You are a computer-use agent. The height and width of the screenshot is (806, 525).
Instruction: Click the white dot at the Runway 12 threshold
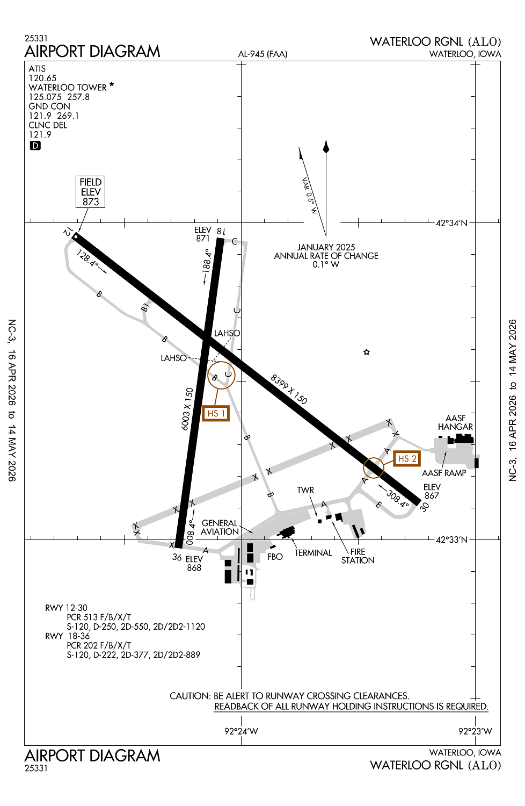point(76,237)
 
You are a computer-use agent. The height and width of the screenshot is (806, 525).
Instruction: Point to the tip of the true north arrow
point(326,140)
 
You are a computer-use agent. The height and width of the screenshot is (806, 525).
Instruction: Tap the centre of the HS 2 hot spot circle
point(374,468)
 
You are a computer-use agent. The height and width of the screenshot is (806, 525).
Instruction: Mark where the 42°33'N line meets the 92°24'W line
point(241,539)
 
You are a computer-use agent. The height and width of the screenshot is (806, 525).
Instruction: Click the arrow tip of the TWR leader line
point(317,517)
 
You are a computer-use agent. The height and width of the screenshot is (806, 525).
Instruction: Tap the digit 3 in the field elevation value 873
point(96,202)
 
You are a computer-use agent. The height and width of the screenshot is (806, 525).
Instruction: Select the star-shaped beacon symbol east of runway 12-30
point(367,352)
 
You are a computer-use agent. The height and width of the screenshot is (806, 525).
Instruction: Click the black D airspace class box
point(35,146)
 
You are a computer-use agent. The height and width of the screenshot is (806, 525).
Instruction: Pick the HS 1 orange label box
point(216,413)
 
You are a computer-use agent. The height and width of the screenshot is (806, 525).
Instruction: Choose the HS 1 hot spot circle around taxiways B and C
point(221,375)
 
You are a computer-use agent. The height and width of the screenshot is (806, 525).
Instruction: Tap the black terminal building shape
point(287,532)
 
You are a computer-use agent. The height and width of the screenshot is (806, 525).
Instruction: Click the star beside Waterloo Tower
point(112,84)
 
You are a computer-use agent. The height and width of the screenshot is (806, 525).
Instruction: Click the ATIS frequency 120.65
point(42,78)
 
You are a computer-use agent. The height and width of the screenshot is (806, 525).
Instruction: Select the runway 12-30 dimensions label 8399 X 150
point(289,390)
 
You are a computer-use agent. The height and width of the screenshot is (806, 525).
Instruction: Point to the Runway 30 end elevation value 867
point(432,495)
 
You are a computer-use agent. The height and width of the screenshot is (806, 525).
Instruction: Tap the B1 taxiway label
point(145,307)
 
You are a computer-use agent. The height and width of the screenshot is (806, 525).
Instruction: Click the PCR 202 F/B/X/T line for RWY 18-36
point(99,645)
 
